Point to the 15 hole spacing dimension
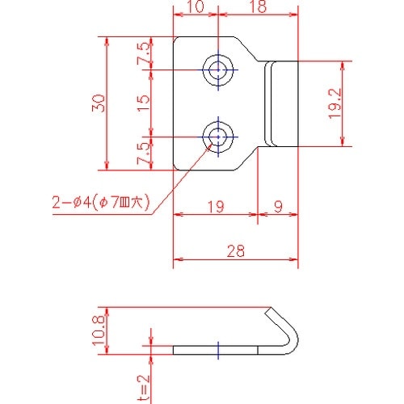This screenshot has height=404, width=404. tap(144, 103)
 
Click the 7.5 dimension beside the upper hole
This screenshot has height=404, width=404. tap(144, 54)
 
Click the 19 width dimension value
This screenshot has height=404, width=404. tap(215, 207)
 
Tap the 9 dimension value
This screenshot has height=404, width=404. tap(278, 207)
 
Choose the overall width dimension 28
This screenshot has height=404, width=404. tap(235, 252)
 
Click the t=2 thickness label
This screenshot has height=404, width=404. tap(144, 387)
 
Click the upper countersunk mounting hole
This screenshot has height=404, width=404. tap(217, 71)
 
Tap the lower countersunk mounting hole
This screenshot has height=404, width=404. tap(217, 136)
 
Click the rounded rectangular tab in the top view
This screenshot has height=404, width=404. tap(283, 103)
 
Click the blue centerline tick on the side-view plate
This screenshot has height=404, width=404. tap(217, 350)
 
